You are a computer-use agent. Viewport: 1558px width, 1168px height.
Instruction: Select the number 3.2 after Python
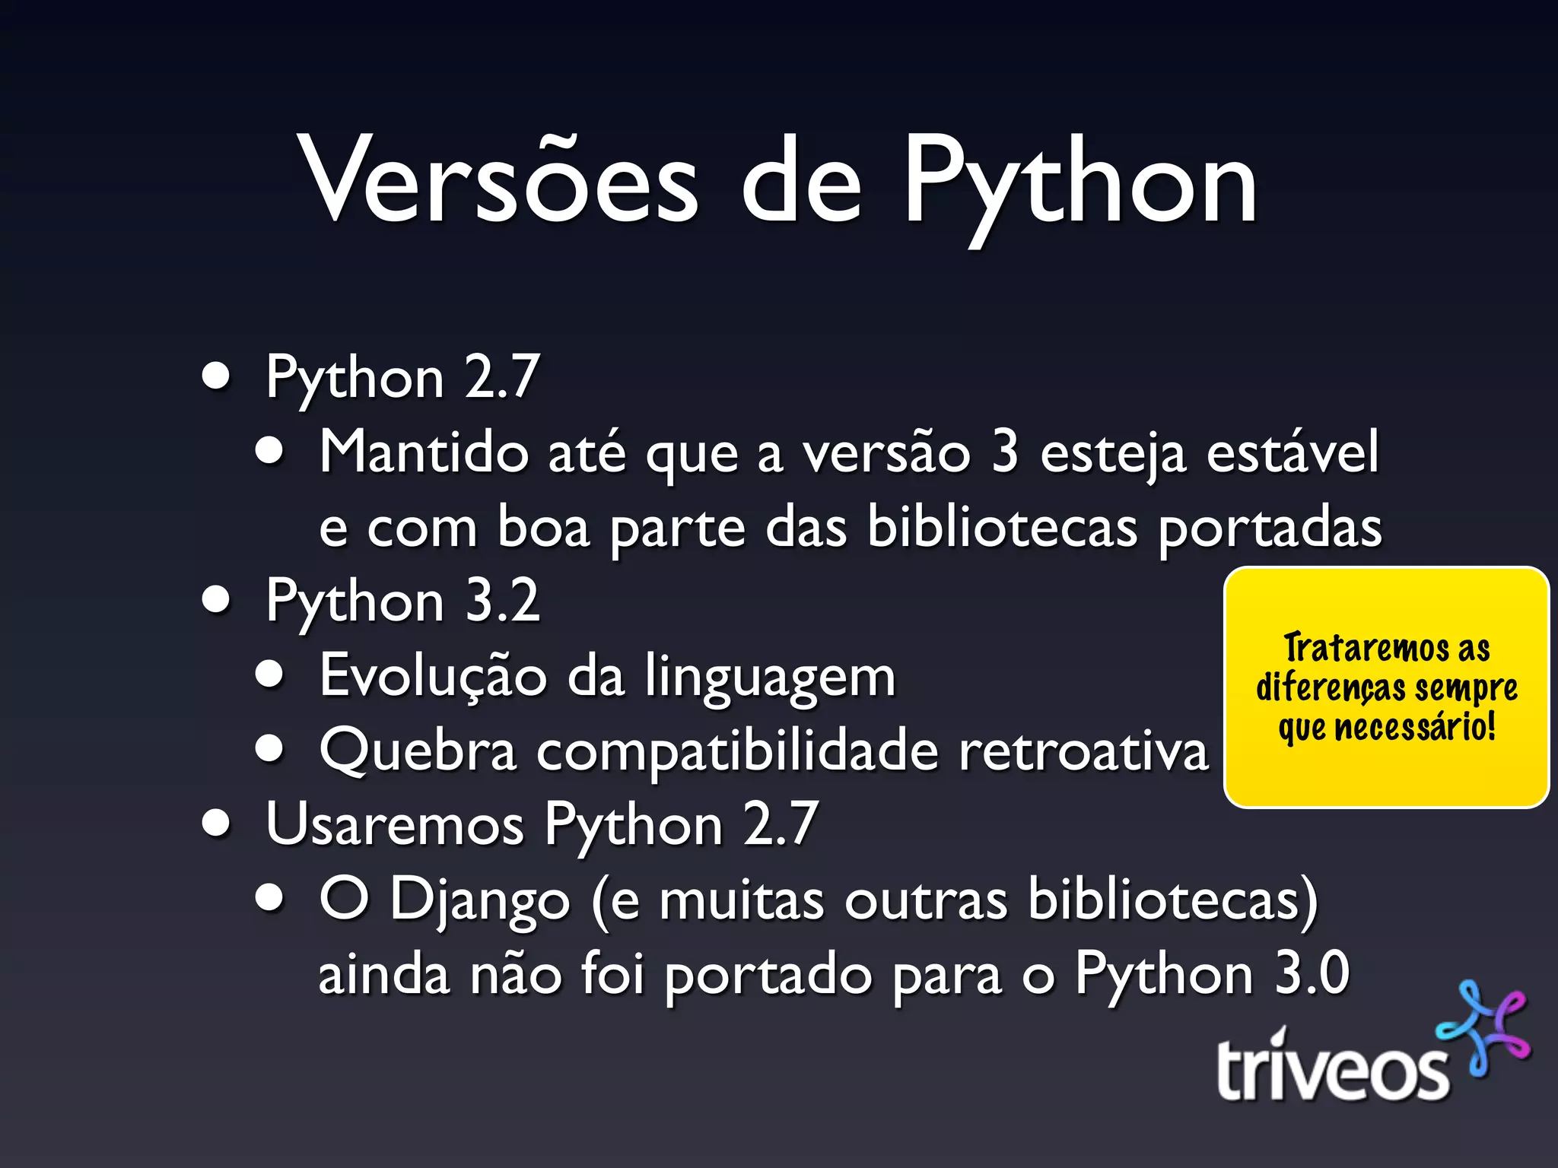[502, 601]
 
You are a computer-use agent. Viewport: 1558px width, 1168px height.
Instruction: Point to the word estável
[1293, 452]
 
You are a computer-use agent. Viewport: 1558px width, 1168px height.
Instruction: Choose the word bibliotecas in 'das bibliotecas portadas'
[1003, 527]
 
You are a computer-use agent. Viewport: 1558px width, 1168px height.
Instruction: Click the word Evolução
[433, 676]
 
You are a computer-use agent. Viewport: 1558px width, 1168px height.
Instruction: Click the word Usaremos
[395, 824]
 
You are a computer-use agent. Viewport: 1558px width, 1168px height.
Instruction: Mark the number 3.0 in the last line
[1312, 973]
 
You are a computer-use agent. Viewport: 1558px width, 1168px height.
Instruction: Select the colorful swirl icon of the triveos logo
[1483, 1027]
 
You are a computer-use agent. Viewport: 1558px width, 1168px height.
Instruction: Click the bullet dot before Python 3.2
[217, 599]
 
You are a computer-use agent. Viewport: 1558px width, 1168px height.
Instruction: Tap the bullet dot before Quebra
[269, 749]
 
